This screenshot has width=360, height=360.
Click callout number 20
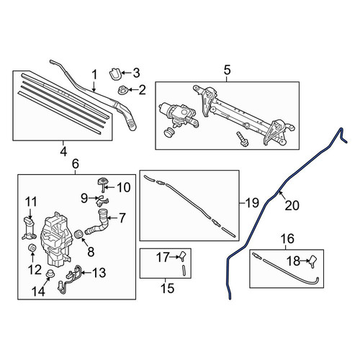pyautogui.click(x=292, y=205)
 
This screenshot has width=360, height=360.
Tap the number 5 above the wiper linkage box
pyautogui.click(x=227, y=70)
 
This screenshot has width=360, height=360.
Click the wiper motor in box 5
pyautogui.click(x=179, y=114)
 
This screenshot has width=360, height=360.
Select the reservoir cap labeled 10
pyautogui.click(x=102, y=184)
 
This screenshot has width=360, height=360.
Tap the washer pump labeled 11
pyautogui.click(x=30, y=229)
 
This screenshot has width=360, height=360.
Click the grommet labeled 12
pyautogui.click(x=32, y=248)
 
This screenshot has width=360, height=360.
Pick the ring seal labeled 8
pyautogui.click(x=78, y=234)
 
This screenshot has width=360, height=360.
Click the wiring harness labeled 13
pyautogui.click(x=70, y=279)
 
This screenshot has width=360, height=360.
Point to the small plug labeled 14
pyautogui.click(x=50, y=274)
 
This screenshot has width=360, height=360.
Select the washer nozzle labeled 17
pyautogui.click(x=183, y=256)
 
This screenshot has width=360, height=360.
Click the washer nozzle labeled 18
pyautogui.click(x=312, y=261)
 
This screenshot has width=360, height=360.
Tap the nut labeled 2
pyautogui.click(x=122, y=90)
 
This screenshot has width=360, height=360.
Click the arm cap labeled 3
pyautogui.click(x=115, y=74)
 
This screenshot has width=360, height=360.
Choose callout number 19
pyautogui.click(x=252, y=203)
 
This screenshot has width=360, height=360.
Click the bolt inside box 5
pyautogui.click(x=242, y=139)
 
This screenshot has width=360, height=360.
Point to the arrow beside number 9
pyautogui.click(x=92, y=198)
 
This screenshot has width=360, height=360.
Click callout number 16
pyautogui.click(x=287, y=238)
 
